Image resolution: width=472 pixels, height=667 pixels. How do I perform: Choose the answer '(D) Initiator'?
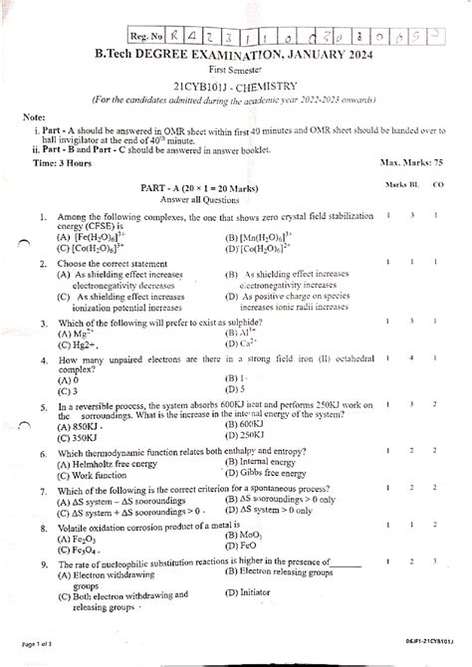(x=255, y=588)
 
